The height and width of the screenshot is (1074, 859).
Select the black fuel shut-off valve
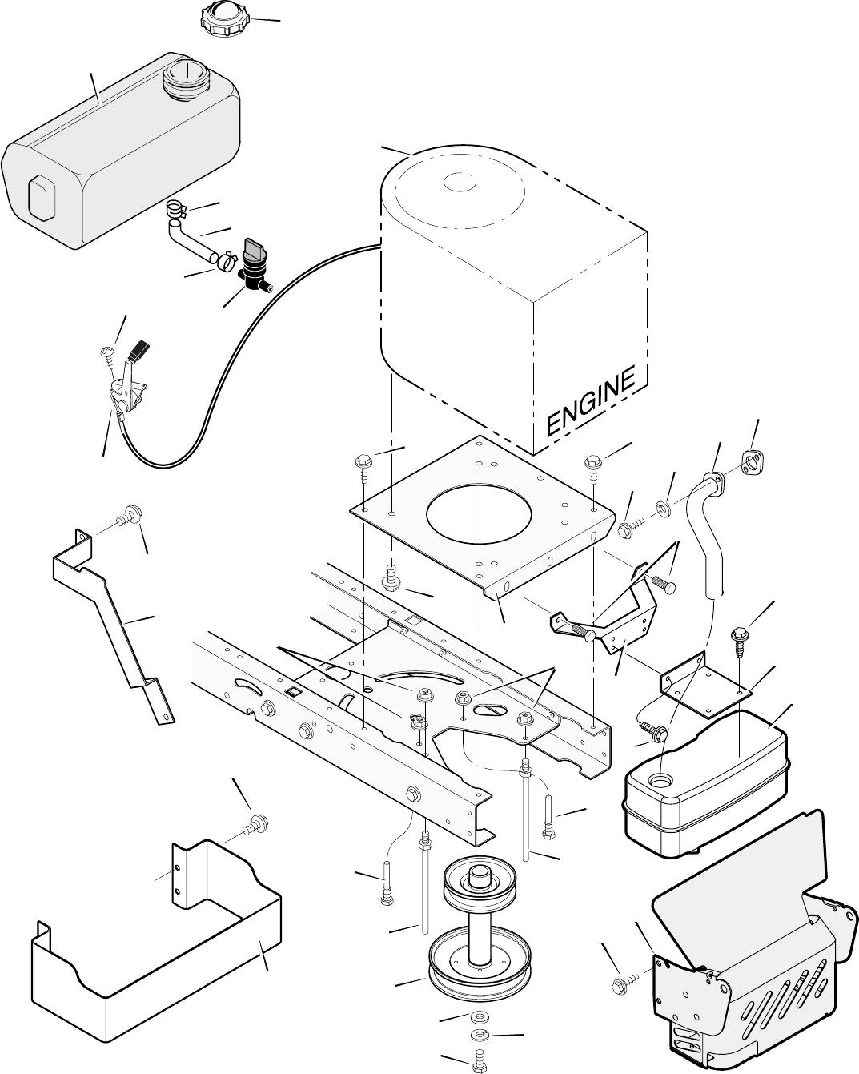click(255, 266)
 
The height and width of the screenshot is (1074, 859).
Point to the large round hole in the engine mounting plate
click(479, 513)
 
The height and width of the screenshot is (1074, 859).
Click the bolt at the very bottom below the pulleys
click(480, 1061)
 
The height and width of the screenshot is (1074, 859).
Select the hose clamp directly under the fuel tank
click(175, 208)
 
